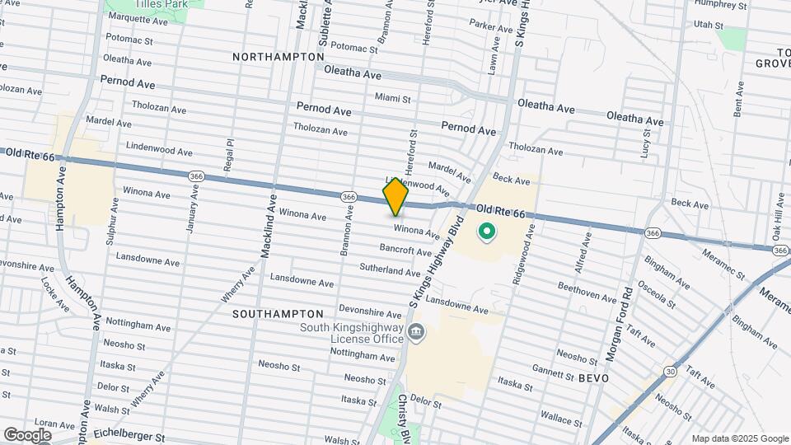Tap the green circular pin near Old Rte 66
[486, 232]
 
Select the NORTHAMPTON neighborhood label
[278, 57]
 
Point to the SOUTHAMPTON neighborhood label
[278, 314]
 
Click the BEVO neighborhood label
[593, 377]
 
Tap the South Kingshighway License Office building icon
[417, 333]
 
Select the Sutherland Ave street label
[391, 269]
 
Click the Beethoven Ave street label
[587, 291]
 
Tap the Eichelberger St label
[129, 432]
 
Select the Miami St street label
[392, 98]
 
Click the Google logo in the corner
[27, 434]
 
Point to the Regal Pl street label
[230, 154]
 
